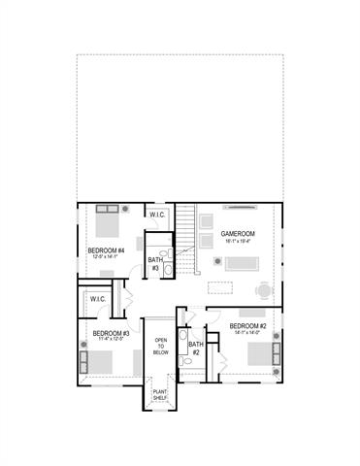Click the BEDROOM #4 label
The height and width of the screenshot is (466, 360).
(x=107, y=250)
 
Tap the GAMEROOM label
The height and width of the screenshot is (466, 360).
(x=237, y=234)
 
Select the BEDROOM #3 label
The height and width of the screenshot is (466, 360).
(x=112, y=332)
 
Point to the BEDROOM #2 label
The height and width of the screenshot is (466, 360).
(x=247, y=326)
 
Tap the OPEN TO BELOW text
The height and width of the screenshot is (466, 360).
(x=162, y=347)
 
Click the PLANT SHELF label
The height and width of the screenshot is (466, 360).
(x=161, y=395)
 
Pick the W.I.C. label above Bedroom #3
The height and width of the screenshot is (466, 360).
(x=98, y=299)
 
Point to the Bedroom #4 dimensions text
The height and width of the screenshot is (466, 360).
(x=107, y=258)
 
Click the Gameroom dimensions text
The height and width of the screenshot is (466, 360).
(x=237, y=242)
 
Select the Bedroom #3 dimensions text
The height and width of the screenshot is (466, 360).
(x=112, y=340)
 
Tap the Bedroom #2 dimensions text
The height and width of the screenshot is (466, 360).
(x=247, y=334)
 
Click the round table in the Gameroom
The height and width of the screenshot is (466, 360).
(x=264, y=288)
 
